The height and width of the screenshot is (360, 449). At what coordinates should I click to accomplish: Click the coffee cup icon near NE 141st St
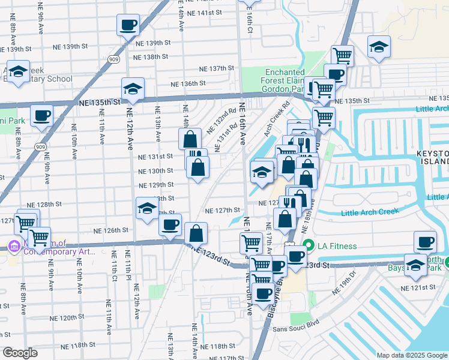tap(127, 26)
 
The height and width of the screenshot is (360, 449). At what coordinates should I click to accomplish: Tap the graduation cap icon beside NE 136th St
tap(132, 90)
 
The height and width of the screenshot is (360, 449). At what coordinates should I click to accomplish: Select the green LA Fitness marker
tap(309, 245)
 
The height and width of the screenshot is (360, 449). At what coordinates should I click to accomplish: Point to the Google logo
tap(20, 352)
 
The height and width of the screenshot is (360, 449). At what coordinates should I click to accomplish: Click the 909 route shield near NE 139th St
tap(113, 59)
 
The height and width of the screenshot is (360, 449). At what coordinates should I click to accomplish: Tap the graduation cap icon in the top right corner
tap(379, 47)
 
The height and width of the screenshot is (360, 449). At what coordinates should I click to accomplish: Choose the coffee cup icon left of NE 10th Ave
tap(41, 115)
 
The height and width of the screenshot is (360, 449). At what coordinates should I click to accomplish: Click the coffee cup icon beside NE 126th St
tap(169, 226)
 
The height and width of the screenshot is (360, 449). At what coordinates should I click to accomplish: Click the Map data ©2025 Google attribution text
tap(412, 355)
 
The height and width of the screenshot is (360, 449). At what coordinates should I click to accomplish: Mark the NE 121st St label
tap(420, 288)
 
